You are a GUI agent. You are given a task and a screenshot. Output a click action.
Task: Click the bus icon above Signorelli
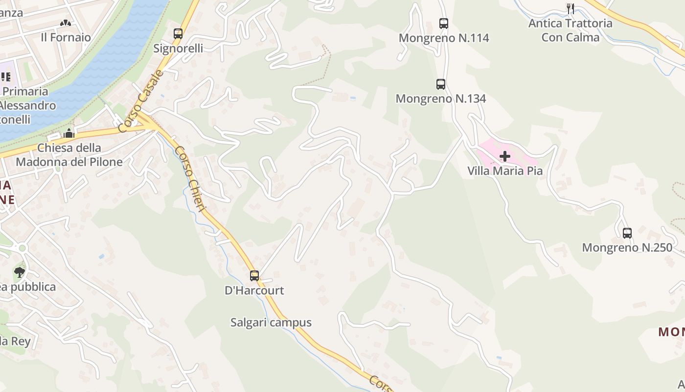pyautogui.click(x=178, y=34)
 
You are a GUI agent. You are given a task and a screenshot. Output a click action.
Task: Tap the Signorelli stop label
pyautogui.click(x=178, y=49)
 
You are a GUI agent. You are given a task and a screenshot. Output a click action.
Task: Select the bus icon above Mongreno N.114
pyautogui.click(x=444, y=23)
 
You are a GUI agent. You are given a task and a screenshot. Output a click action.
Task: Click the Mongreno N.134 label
pyautogui.click(x=440, y=98)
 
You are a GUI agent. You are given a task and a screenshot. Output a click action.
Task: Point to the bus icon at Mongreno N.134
pyautogui.click(x=441, y=84)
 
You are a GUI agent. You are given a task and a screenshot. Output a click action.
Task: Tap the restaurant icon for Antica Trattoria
pyautogui.click(x=570, y=8)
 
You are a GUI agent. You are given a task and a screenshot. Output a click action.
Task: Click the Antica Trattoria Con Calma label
pyautogui.click(x=570, y=30)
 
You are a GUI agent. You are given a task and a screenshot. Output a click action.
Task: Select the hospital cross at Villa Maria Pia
pyautogui.click(x=505, y=156)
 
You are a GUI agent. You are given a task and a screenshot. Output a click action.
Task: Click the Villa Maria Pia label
pyautogui.click(x=505, y=171)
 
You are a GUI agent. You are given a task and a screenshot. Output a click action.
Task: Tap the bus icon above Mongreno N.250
pyautogui.click(x=627, y=233)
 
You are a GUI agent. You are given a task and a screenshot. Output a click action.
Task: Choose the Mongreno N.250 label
pyautogui.click(x=627, y=247)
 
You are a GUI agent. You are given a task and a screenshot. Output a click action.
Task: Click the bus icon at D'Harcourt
pyautogui.click(x=254, y=275)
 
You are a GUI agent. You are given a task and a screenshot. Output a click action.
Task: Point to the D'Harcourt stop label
pyautogui.click(x=254, y=290)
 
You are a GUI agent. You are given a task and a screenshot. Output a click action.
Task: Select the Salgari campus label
pyautogui.click(x=271, y=322)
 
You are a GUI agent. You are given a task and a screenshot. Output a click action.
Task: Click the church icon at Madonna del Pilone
pyautogui.click(x=69, y=133)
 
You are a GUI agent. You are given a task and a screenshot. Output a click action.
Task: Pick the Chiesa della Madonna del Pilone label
pyautogui.click(x=69, y=154)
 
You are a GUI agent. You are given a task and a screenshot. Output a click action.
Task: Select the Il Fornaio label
pyautogui.click(x=66, y=37)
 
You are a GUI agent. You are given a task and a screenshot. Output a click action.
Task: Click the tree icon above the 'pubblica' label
pyautogui.click(x=20, y=272)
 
